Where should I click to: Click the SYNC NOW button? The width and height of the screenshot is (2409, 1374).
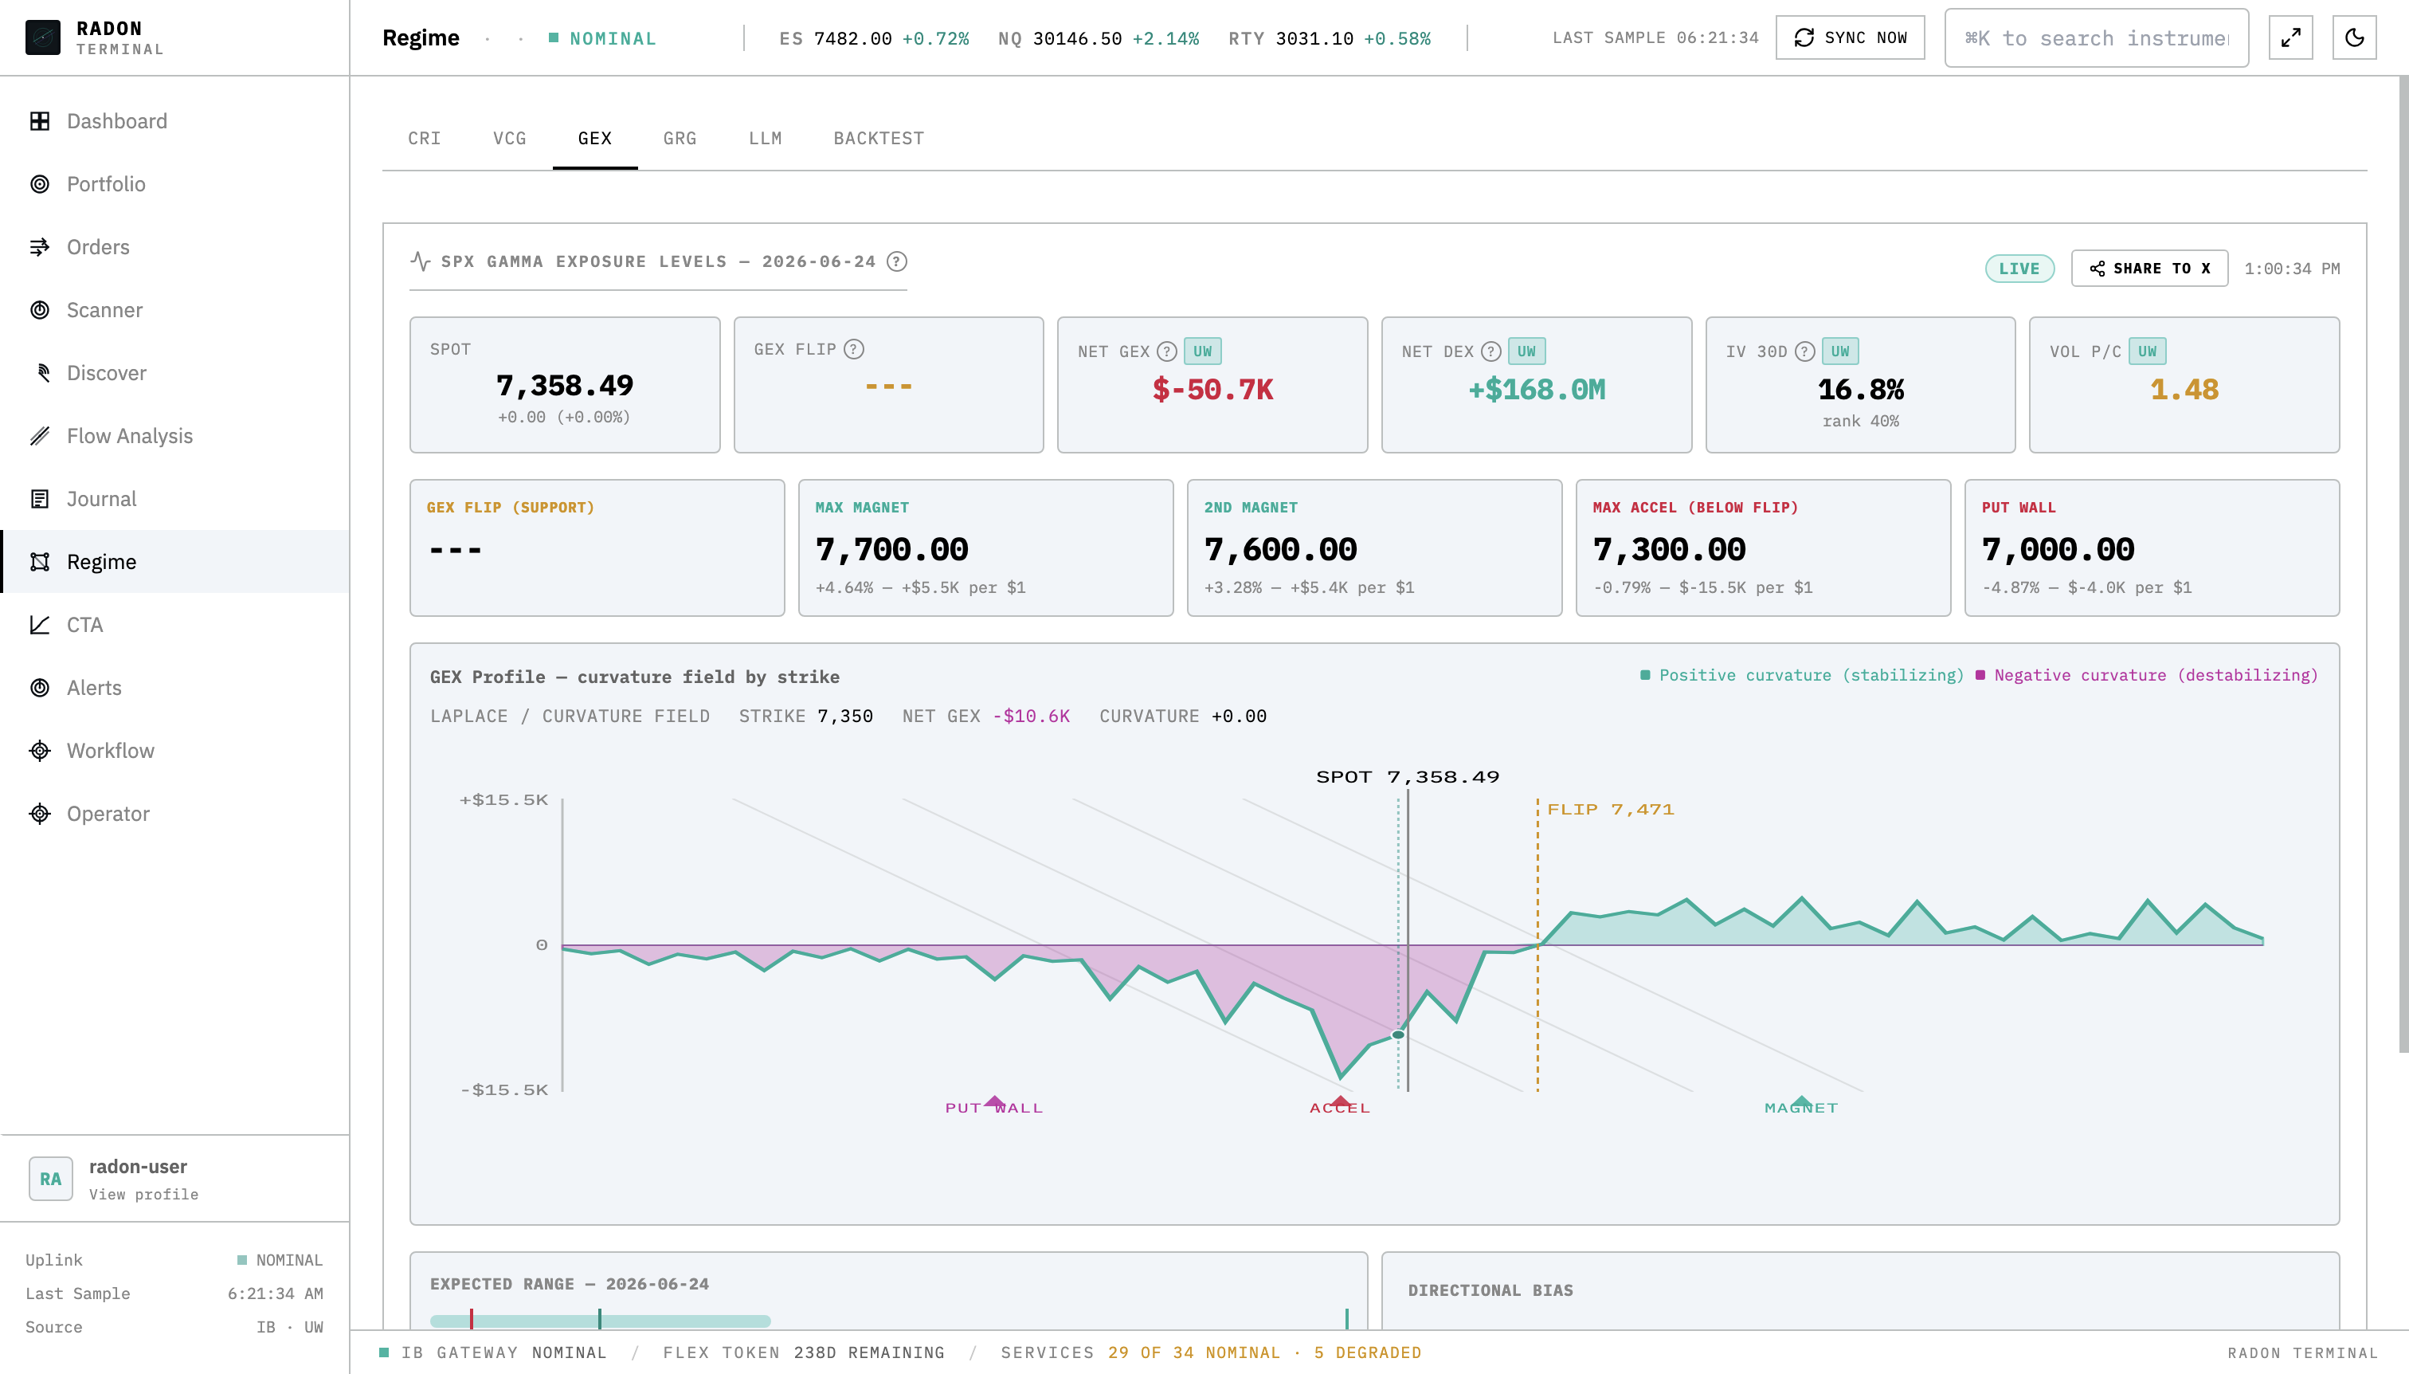click(x=1850, y=37)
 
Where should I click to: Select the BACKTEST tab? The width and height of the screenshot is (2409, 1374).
click(x=878, y=139)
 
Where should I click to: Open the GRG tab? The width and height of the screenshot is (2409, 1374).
click(x=679, y=139)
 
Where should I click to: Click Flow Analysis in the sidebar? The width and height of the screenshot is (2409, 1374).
click(x=129, y=436)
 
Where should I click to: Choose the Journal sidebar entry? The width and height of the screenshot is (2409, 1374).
click(x=101, y=499)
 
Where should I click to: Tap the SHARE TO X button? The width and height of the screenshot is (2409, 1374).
click(x=2149, y=269)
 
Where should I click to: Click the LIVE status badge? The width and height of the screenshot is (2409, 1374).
click(x=2019, y=269)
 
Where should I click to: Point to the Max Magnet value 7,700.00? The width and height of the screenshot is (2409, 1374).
click(x=891, y=549)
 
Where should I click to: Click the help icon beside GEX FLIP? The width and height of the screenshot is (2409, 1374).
click(x=854, y=349)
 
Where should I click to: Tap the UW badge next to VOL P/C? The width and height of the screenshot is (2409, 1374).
click(x=2147, y=351)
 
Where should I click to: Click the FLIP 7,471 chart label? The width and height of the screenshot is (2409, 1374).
click(x=1610, y=810)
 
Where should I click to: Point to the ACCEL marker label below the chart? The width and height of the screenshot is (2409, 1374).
click(x=1339, y=1108)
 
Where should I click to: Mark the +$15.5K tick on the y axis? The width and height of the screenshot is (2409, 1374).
click(x=503, y=800)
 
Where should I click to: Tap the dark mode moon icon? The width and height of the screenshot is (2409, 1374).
click(x=2353, y=37)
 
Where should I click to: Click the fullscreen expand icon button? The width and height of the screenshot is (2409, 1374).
click(x=2290, y=37)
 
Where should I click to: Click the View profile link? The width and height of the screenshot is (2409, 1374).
click(x=143, y=1195)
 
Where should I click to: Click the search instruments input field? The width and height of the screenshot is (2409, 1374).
click(x=2096, y=37)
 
